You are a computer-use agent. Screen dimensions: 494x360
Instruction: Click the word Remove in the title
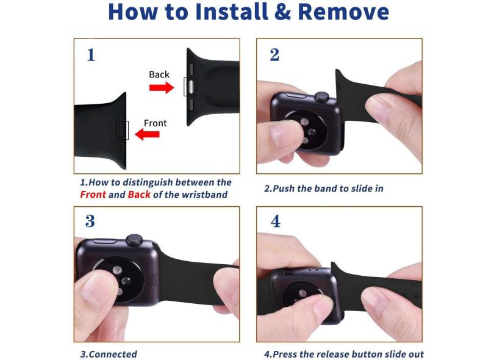343,12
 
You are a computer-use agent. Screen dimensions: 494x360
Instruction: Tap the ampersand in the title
282,12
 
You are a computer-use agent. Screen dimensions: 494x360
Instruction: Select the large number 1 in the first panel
91,55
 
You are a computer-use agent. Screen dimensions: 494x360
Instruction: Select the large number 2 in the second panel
274,55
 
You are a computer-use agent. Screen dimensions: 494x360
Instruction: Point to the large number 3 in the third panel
90,221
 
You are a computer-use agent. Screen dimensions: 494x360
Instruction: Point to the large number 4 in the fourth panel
276,221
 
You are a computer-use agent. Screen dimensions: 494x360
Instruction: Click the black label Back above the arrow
159,74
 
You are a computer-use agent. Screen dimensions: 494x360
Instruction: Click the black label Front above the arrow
156,123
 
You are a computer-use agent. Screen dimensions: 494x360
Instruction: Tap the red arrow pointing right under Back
162,87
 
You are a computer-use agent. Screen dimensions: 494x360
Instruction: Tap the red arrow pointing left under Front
147,134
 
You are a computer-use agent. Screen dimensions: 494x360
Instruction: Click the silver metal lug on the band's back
190,87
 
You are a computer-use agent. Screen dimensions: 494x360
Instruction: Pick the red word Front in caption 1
93,195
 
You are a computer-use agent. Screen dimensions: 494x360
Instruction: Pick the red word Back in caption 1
139,195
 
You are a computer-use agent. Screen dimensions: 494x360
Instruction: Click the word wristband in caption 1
205,195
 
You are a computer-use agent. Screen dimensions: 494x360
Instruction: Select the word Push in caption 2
284,189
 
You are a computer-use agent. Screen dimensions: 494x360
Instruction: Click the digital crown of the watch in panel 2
322,98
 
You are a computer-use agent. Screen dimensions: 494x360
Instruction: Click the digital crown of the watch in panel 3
134,240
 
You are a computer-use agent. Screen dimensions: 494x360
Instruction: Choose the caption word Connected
113,354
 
